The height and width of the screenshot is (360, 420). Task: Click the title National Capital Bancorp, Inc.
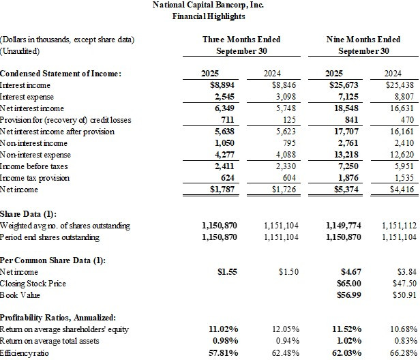coord(209,5)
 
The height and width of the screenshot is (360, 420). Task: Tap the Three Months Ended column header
coord(241,40)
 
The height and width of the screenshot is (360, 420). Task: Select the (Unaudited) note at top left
coord(20,51)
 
